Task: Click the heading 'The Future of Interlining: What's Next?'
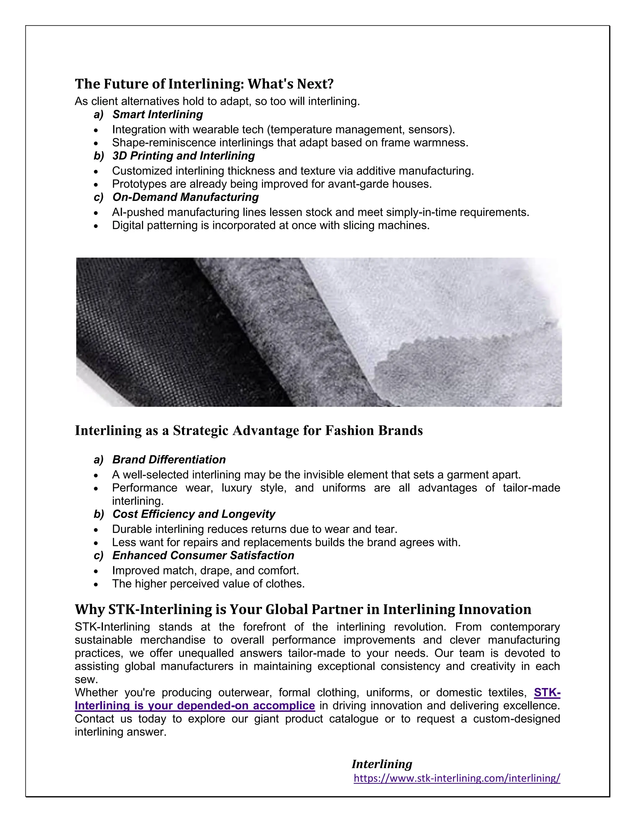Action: coord(204,84)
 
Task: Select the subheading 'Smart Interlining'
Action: coord(157,114)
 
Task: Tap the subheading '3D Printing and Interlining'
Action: coord(183,156)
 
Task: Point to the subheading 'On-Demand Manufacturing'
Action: coord(185,197)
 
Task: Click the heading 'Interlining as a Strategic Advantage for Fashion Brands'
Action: coord(249,431)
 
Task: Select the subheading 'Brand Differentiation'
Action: coord(169,460)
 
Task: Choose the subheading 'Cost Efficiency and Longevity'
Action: coord(193,514)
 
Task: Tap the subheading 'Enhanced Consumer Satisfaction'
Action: coord(203,556)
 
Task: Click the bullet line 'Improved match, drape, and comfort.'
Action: coord(205,570)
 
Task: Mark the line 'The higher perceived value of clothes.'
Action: coord(208,584)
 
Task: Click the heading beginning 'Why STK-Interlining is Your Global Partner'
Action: coord(303,609)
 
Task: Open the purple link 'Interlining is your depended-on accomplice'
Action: coord(194,706)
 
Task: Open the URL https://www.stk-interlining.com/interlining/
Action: coord(457,778)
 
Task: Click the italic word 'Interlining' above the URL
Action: coord(382,764)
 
